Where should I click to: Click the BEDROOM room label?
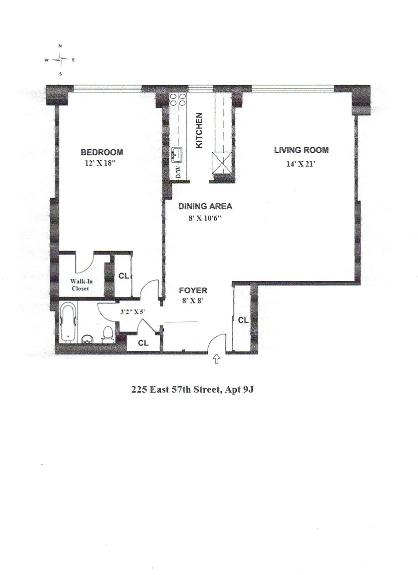[102, 152]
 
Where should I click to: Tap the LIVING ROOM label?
[301, 150]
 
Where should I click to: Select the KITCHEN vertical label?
[199, 131]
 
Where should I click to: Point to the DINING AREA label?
[205, 207]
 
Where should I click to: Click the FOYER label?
[193, 290]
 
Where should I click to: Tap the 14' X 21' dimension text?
[301, 164]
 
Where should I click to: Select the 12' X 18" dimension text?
[100, 163]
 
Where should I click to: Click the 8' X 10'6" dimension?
[205, 219]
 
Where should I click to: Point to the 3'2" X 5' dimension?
[132, 312]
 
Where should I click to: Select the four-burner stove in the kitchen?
[178, 100]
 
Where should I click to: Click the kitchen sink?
[178, 154]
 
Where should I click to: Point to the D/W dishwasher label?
[178, 171]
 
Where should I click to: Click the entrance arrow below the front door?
[217, 359]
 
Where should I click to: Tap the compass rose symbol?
[60, 60]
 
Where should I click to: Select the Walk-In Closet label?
[81, 285]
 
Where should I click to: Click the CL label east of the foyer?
[243, 320]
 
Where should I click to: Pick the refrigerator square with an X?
[221, 162]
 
